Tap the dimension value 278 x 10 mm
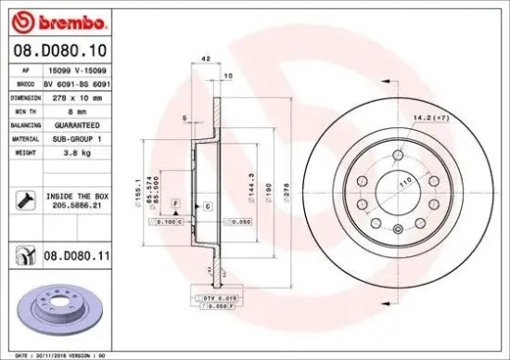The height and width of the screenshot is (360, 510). (80, 96)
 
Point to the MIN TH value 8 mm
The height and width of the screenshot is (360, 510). (80, 109)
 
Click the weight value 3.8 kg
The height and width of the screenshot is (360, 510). (80, 151)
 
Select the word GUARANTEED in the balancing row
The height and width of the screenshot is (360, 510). (80, 123)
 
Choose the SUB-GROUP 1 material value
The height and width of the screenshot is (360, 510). (80, 137)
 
